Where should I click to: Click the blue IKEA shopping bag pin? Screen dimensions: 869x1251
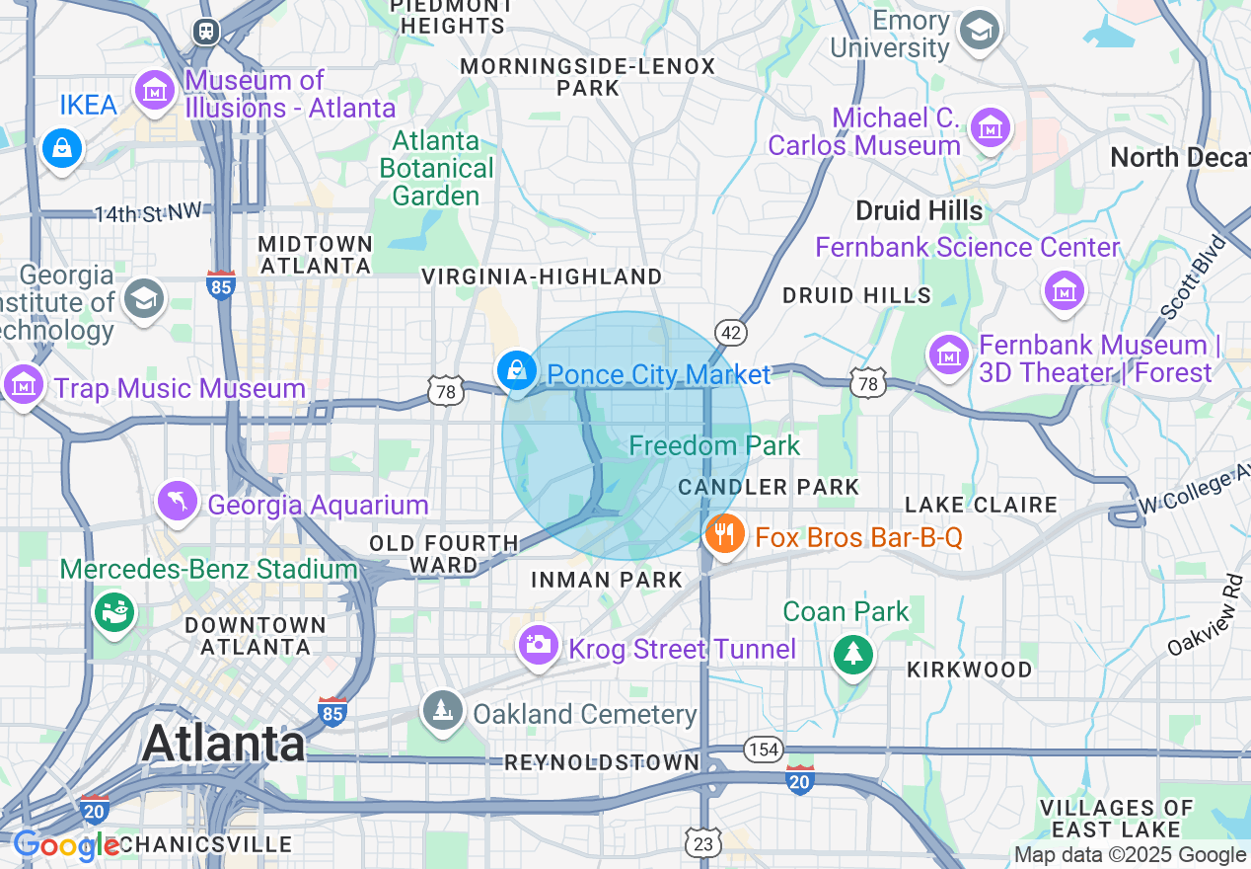click(61, 149)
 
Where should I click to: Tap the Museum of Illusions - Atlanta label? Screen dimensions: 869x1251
click(290, 94)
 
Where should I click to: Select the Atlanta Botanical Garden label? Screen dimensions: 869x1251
click(436, 168)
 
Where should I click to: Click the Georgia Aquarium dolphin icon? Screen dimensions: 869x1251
click(178, 500)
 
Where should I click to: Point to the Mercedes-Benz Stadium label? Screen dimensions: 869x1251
click(208, 569)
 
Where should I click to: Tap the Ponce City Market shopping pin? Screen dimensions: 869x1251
click(516, 371)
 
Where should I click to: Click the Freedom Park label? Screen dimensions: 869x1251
click(714, 446)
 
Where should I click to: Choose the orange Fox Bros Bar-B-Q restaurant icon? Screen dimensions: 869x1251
click(725, 534)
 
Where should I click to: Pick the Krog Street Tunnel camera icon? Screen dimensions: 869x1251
click(538, 645)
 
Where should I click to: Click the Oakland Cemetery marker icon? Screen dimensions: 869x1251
click(443, 710)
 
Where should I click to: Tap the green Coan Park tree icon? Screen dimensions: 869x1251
click(852, 653)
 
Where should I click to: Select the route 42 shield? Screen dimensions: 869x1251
click(731, 334)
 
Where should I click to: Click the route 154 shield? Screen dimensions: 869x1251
click(763, 750)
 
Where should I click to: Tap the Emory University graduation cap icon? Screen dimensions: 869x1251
click(980, 30)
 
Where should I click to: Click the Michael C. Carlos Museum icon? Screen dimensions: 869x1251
click(989, 127)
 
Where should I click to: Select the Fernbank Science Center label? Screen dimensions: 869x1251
click(967, 247)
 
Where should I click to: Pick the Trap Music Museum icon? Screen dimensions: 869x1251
click(23, 383)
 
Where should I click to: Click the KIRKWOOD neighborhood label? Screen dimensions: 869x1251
click(969, 670)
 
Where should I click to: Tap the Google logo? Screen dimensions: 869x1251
click(66, 845)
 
